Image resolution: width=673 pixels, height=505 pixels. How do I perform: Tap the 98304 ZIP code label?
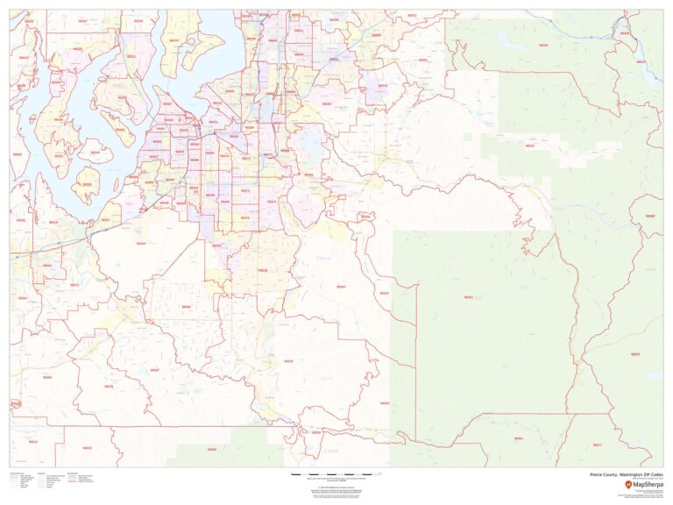pyautogui.click(x=384, y=402)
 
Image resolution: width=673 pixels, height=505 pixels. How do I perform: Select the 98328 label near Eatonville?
pyautogui.click(x=288, y=361)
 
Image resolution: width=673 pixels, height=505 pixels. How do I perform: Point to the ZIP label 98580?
pyautogui.click(x=184, y=306)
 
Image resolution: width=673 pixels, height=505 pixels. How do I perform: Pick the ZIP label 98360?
pyautogui.click(x=340, y=287)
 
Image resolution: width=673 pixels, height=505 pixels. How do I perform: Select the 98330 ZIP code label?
pyautogui.click(x=316, y=432)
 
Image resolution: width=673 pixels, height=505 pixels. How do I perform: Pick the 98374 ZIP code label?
pyautogui.click(x=272, y=203)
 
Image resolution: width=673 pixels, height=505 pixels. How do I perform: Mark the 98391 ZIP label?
pyautogui.click(x=308, y=174)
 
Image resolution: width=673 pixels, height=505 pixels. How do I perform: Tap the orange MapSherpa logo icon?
pyautogui.click(x=627, y=484)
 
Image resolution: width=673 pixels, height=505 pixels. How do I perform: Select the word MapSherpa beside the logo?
pyautogui.click(x=647, y=484)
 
